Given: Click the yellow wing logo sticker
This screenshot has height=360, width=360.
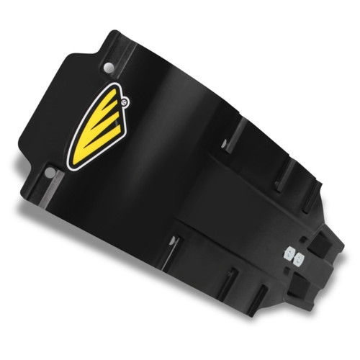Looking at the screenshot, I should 100,131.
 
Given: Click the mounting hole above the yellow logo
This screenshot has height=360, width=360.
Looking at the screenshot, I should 108,67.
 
